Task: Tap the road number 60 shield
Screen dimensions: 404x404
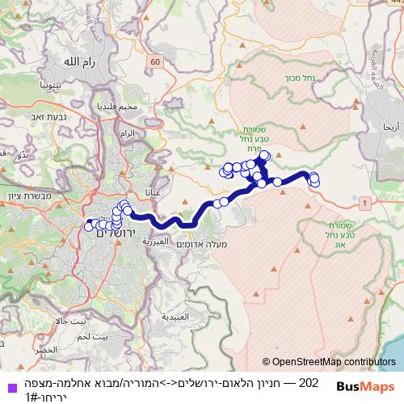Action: tap(155, 61)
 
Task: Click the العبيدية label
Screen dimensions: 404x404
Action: tap(176, 318)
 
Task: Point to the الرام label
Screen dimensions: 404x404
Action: tap(127, 132)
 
